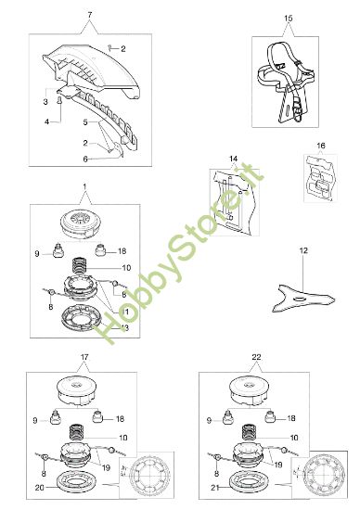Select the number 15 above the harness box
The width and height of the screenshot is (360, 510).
click(288, 18)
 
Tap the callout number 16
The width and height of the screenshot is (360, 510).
click(321, 147)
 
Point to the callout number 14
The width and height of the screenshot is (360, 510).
click(234, 160)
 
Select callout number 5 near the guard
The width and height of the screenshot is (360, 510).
click(85, 121)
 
